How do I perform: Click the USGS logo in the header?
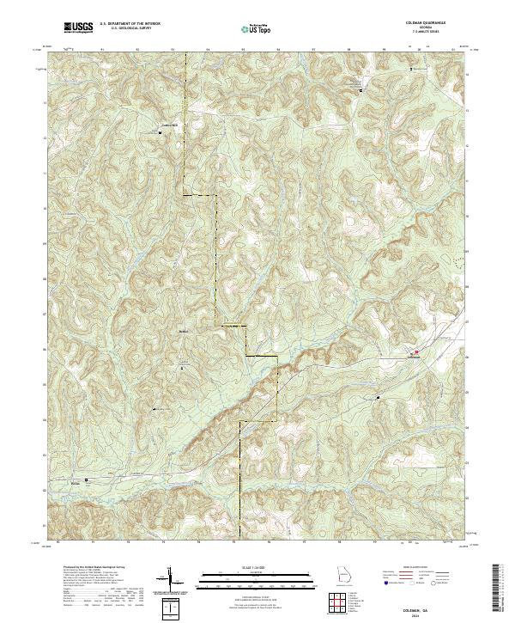[78, 28]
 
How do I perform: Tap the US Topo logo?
[257, 29]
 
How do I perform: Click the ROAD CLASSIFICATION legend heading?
[417, 567]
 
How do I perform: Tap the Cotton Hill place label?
[172, 126]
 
